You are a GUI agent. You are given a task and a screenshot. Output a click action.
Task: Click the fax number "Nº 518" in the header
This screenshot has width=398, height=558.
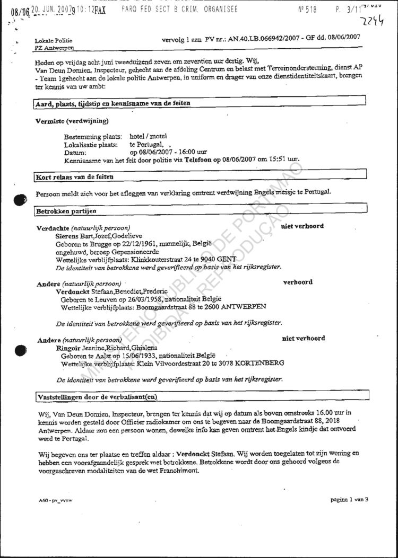tap(308, 9)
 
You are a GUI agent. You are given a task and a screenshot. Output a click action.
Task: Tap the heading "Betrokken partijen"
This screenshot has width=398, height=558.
tap(66, 211)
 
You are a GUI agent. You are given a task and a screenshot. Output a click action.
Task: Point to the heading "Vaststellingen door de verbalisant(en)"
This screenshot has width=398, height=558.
tap(98, 396)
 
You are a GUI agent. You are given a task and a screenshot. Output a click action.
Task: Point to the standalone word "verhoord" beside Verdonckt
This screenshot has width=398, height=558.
tap(298, 282)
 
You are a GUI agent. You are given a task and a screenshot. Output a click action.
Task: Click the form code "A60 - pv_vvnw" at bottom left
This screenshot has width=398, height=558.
tap(55, 500)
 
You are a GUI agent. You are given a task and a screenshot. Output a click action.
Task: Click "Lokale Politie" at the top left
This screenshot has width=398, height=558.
tap(54, 40)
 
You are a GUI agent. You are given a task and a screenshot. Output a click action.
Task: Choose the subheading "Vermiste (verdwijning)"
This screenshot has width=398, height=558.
tap(72, 121)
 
